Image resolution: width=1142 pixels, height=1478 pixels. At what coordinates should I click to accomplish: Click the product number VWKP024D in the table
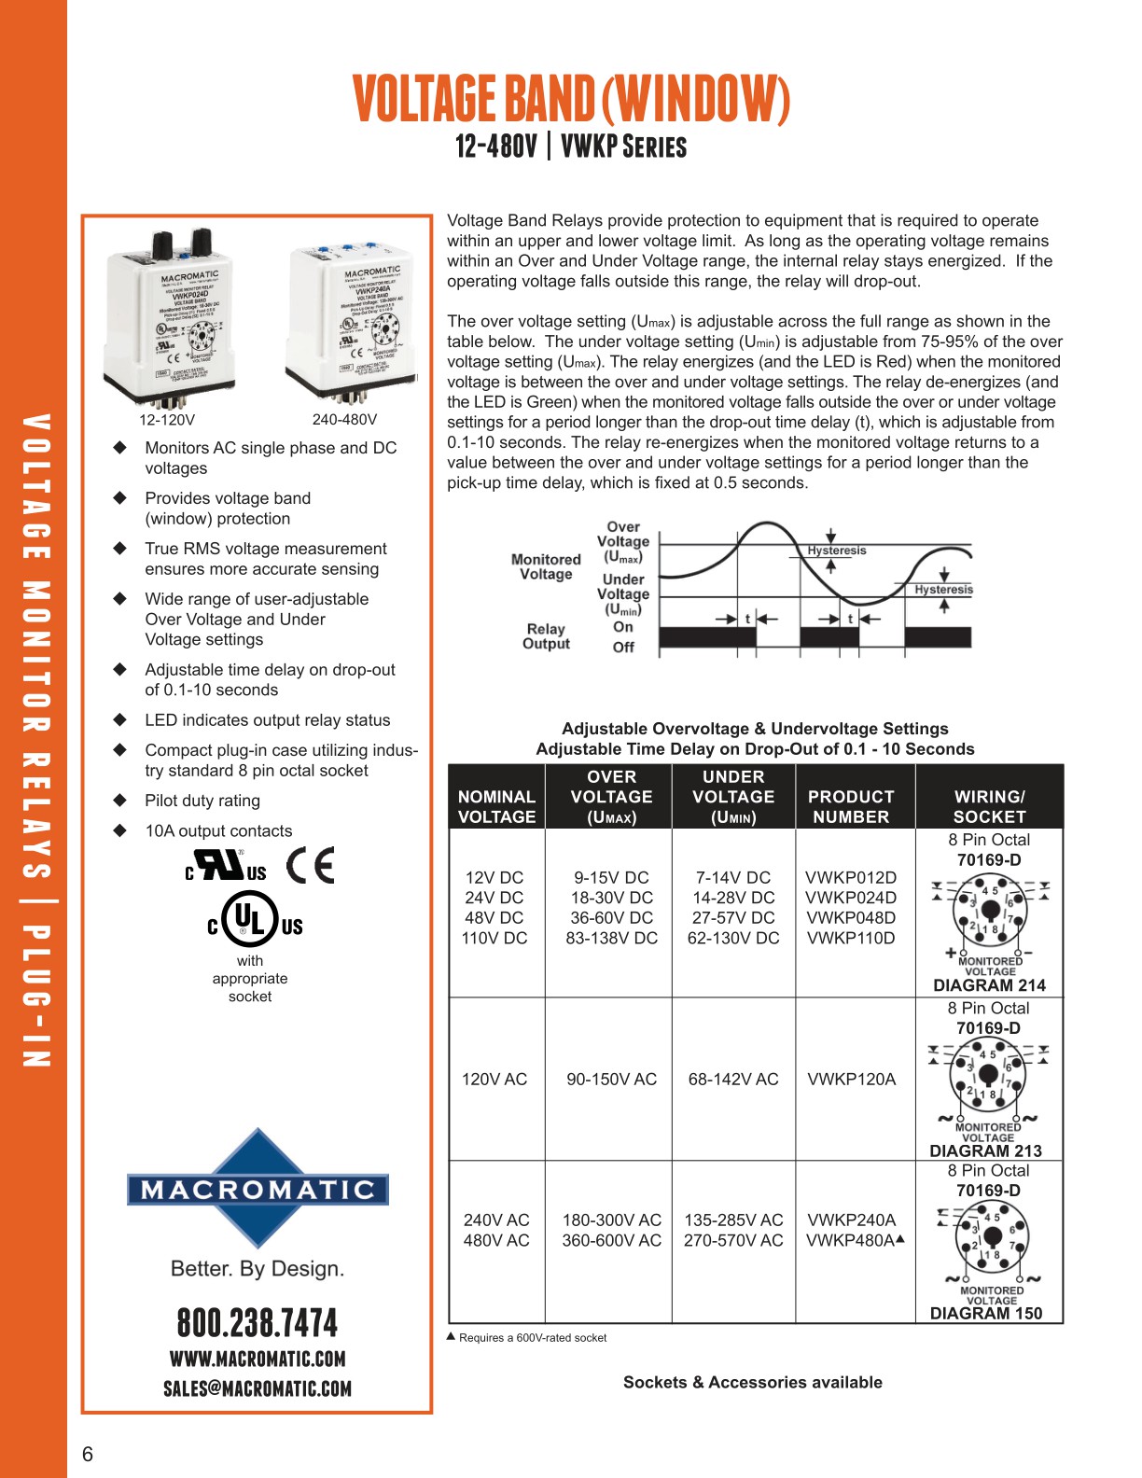(x=850, y=898)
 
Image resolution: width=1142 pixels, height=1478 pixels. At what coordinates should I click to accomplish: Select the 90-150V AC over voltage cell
(x=611, y=1080)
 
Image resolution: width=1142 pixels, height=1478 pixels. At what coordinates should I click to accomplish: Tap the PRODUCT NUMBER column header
(x=851, y=806)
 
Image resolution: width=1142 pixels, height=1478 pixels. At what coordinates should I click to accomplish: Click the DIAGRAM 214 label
(x=989, y=985)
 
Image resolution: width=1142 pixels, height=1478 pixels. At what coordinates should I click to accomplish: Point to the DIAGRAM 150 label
(x=985, y=1314)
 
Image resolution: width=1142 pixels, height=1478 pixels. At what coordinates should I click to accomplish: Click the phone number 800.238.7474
(x=258, y=1323)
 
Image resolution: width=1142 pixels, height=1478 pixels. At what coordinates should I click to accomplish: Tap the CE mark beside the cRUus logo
(x=310, y=866)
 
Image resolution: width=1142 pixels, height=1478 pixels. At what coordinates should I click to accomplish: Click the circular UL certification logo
(x=250, y=915)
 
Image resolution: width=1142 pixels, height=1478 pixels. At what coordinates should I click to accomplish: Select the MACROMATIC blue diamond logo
(x=258, y=1189)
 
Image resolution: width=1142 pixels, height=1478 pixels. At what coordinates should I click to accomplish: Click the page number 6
(x=88, y=1454)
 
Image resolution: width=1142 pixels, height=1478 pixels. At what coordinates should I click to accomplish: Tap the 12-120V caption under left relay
(x=167, y=420)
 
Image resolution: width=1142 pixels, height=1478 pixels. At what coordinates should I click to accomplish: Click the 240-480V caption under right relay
(x=344, y=420)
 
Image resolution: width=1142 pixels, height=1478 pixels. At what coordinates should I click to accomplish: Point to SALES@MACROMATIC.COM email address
(x=258, y=1388)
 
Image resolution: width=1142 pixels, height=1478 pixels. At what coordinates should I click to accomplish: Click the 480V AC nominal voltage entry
(x=495, y=1240)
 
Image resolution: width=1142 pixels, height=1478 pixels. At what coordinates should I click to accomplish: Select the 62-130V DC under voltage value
(x=732, y=938)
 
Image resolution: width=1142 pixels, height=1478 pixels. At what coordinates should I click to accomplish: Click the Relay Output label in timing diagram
(x=546, y=636)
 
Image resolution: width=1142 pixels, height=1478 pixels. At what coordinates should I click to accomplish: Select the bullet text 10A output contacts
(x=218, y=830)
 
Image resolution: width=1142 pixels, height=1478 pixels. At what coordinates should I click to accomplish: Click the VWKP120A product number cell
(x=851, y=1080)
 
